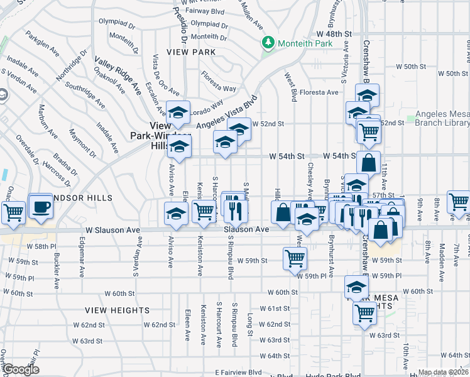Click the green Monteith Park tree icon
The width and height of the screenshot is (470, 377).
point(268,42)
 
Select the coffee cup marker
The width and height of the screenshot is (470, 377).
point(41,207)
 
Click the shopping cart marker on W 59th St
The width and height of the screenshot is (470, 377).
point(295,258)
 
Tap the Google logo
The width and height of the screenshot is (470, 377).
point(20,370)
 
